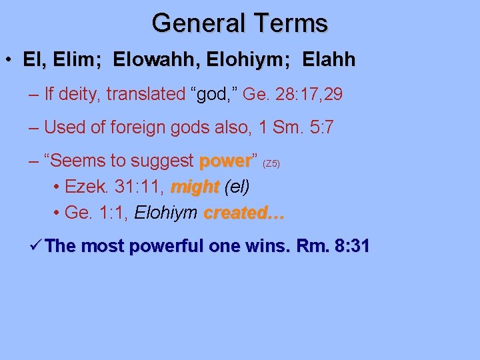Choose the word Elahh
click(x=329, y=61)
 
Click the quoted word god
click(x=213, y=94)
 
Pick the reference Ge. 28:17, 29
click(x=293, y=95)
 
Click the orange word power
click(x=225, y=161)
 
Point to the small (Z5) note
click(x=275, y=163)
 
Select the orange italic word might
click(x=195, y=187)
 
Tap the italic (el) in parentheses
click(x=237, y=187)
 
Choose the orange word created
click(x=244, y=213)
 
